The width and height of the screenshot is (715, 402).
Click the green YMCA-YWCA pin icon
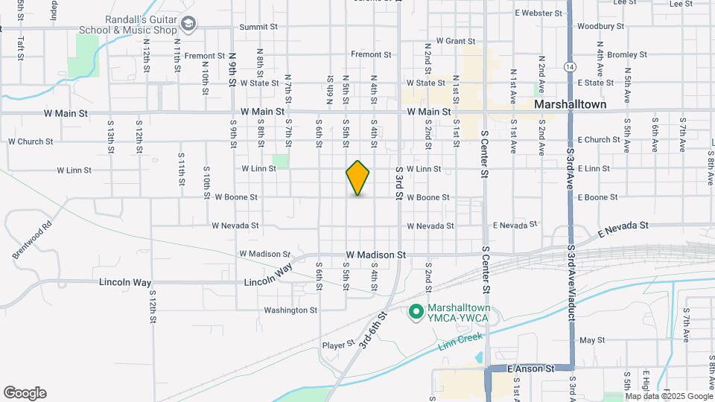click(416, 312)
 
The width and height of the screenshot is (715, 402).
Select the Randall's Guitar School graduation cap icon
click(188, 25)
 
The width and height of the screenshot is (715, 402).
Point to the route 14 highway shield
click(569, 66)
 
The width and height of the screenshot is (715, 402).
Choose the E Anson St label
click(531, 368)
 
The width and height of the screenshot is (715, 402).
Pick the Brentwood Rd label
click(32, 239)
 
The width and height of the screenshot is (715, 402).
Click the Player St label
click(337, 345)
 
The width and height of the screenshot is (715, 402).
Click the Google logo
click(25, 393)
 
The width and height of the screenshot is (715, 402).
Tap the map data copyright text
click(669, 396)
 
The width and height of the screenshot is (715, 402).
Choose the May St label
click(591, 340)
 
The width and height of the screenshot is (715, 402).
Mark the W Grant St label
click(455, 41)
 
